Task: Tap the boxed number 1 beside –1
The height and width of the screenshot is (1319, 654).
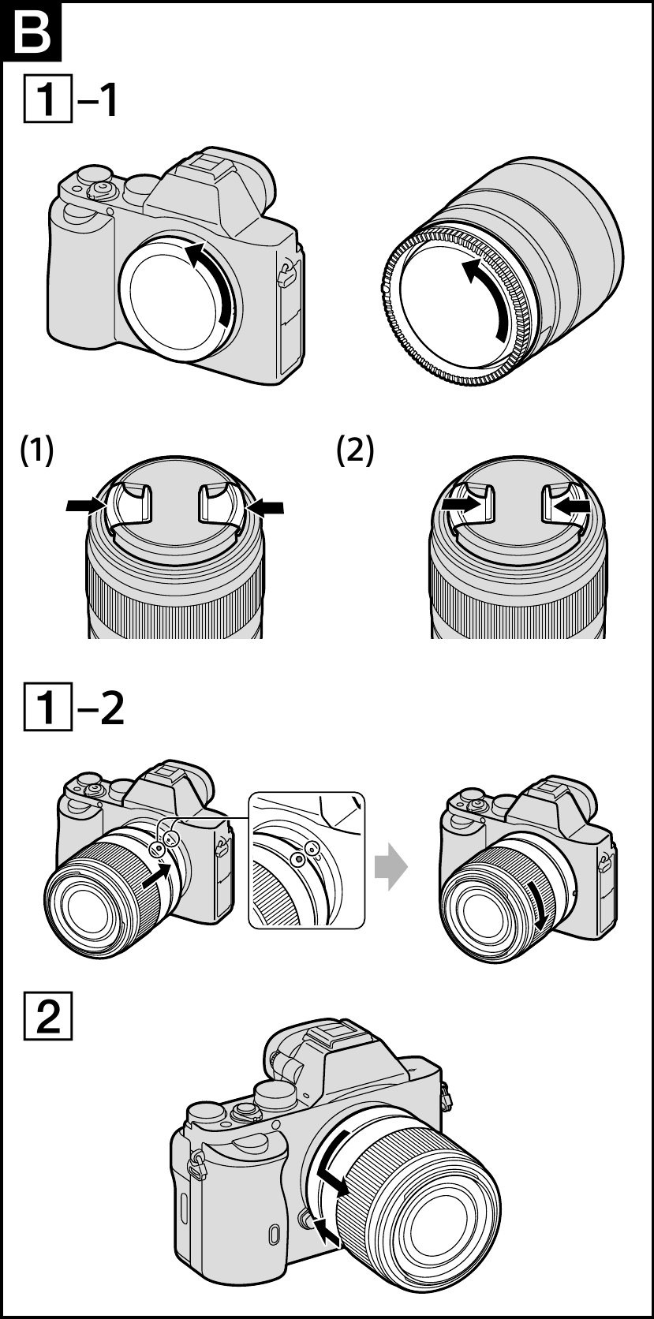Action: pyautogui.click(x=47, y=99)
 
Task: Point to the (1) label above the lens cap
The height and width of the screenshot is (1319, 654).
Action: pyautogui.click(x=36, y=451)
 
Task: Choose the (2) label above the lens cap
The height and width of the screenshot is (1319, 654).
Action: pyautogui.click(x=355, y=451)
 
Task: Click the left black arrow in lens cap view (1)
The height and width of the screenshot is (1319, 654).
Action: pyautogui.click(x=85, y=505)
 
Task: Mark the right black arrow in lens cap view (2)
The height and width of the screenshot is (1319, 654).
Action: pyautogui.click(x=572, y=505)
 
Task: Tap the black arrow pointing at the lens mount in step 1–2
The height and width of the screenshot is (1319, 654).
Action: pyautogui.click(x=157, y=876)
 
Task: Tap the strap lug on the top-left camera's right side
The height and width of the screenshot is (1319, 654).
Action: pyautogui.click(x=286, y=274)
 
